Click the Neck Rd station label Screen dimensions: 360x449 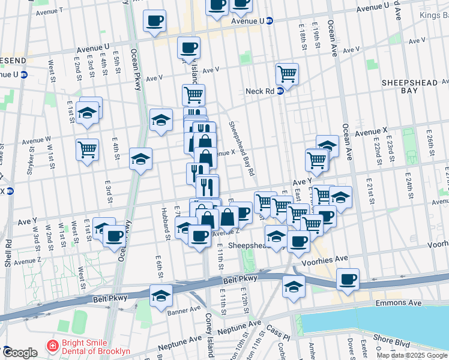coord(259,91)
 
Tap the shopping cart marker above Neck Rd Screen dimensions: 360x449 coord(288,74)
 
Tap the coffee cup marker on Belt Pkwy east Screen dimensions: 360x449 coord(348,279)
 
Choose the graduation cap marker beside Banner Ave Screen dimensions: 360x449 coord(161,295)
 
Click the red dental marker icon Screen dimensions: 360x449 coord(52,347)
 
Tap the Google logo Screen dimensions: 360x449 coord(19,353)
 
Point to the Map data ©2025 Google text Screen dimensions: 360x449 coord(412,355)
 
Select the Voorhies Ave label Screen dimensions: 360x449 coord(329,259)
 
